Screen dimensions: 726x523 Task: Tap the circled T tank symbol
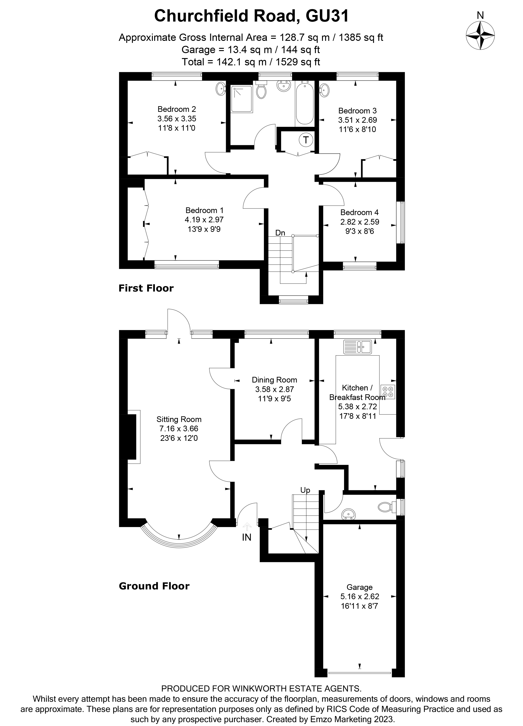(x=306, y=140)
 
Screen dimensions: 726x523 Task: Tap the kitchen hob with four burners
(x=388, y=392)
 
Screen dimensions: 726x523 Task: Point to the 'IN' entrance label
(x=246, y=537)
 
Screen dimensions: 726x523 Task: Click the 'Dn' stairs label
(x=280, y=233)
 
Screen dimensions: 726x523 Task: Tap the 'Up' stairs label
(x=305, y=490)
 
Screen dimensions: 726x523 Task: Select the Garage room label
(x=359, y=587)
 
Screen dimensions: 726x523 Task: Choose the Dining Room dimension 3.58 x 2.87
(x=274, y=389)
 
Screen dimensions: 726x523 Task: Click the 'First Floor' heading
(x=146, y=288)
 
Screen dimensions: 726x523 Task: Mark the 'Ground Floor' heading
(x=154, y=586)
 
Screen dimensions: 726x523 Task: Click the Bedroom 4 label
(x=359, y=212)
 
